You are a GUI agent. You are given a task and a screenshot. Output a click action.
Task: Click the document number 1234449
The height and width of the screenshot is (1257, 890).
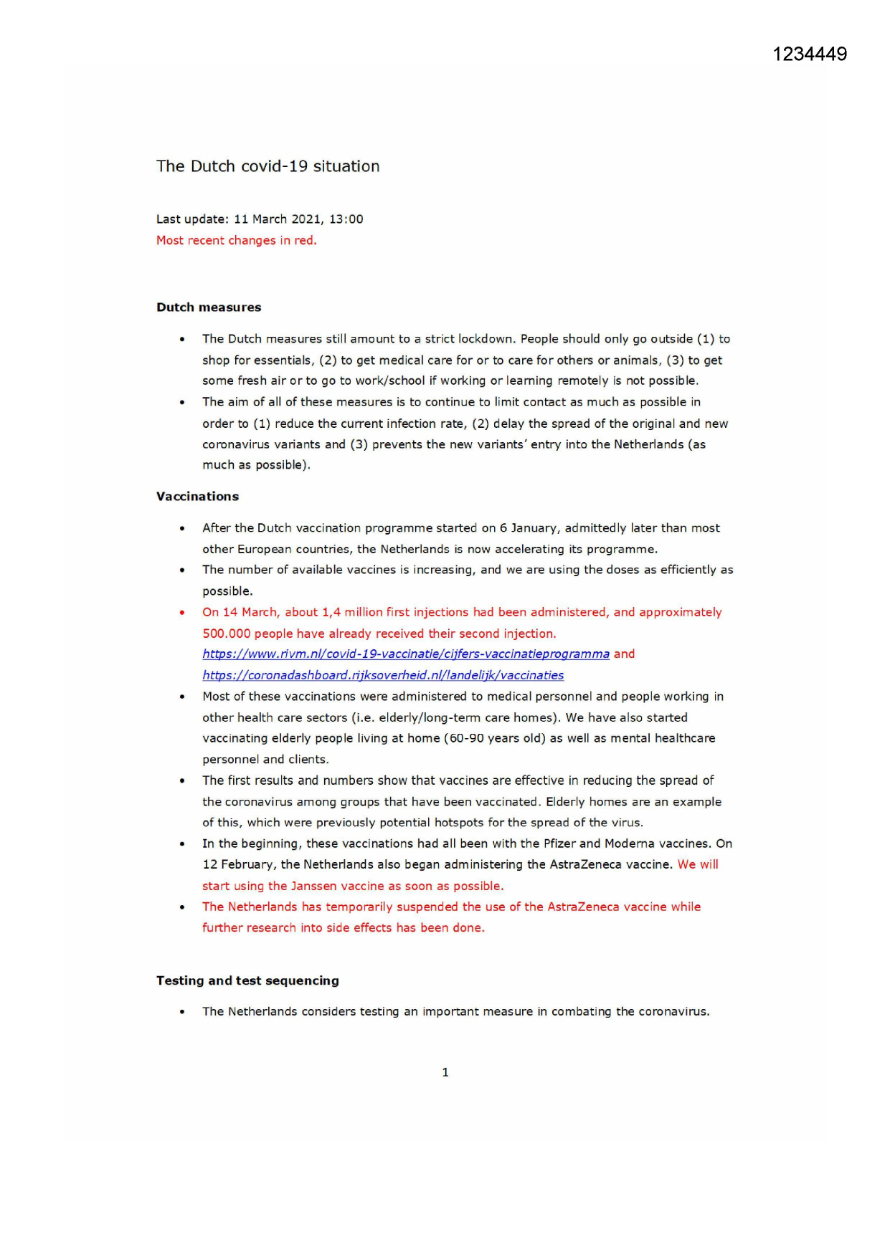(810, 54)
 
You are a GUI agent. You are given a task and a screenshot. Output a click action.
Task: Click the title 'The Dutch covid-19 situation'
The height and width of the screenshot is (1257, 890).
(268, 166)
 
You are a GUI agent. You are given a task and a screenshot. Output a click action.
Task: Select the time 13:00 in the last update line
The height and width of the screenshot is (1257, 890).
(346, 219)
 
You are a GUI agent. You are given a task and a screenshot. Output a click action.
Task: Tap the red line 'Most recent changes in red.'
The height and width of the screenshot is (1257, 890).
(236, 241)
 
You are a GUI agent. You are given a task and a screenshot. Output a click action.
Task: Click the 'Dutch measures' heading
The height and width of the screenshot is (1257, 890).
(209, 307)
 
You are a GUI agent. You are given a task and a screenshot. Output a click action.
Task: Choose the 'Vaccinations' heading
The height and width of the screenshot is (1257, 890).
(197, 497)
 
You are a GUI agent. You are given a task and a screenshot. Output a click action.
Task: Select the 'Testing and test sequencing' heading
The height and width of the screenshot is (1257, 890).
(247, 981)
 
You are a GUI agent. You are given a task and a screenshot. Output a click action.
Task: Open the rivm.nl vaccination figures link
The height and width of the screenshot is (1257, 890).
(406, 654)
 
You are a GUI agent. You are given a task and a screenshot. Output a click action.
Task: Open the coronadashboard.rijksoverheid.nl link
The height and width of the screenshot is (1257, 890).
(383, 675)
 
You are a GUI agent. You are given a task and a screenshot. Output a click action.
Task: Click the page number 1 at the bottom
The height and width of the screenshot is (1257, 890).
(445, 1073)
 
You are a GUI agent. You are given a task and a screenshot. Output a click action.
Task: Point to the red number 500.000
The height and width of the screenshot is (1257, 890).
(226, 634)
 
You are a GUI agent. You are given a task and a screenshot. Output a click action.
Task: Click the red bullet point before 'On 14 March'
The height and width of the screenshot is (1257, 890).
(182, 613)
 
